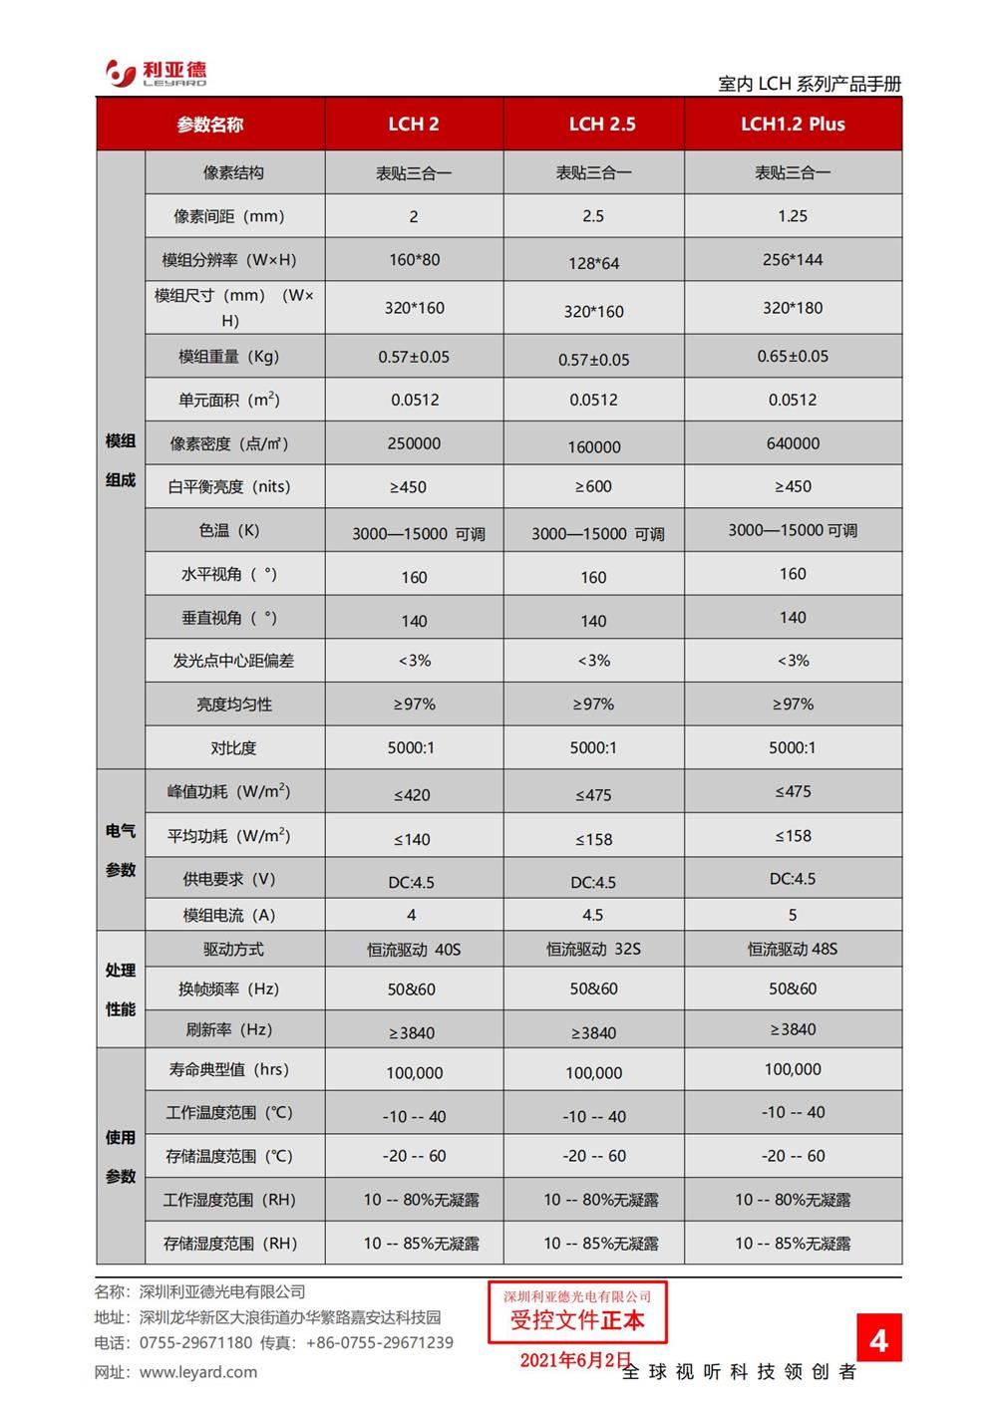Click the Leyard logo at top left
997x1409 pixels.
tap(157, 73)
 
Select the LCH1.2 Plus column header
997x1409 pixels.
tap(793, 125)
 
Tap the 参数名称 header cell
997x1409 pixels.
tap(210, 125)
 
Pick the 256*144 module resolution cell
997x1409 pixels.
tap(793, 260)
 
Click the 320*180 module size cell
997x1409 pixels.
tap(793, 308)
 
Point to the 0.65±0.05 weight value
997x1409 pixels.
tap(793, 357)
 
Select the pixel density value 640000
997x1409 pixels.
tap(793, 443)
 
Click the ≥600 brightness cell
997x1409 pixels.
tap(593, 487)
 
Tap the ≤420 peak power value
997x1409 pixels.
tap(412, 795)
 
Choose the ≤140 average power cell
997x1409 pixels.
tap(412, 840)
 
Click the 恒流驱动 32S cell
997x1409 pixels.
tap(593, 950)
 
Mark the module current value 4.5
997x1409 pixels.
tap(593, 915)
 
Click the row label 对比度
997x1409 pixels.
tap(233, 748)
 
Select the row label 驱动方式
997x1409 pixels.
tap(233, 950)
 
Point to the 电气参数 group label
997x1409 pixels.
tap(121, 850)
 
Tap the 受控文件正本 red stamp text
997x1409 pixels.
tap(577, 1321)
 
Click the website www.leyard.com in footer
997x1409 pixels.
tap(198, 1372)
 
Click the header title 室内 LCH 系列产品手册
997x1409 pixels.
tap(809, 85)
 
